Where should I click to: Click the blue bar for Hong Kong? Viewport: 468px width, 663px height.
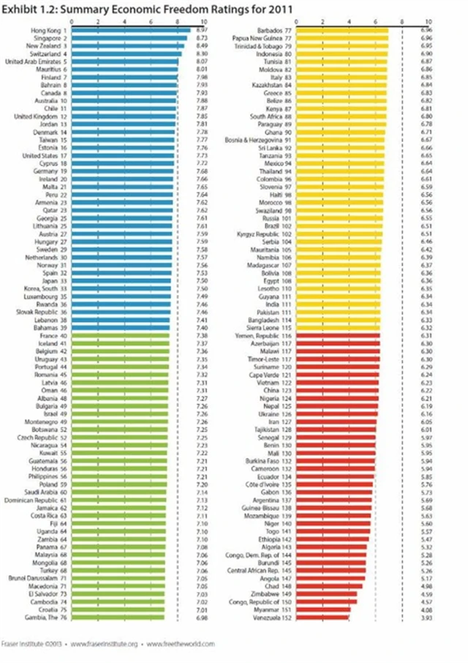tap(129, 30)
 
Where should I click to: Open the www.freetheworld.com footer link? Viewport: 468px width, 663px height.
tap(181, 644)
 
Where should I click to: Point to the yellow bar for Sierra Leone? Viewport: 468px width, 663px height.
tap(336, 328)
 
